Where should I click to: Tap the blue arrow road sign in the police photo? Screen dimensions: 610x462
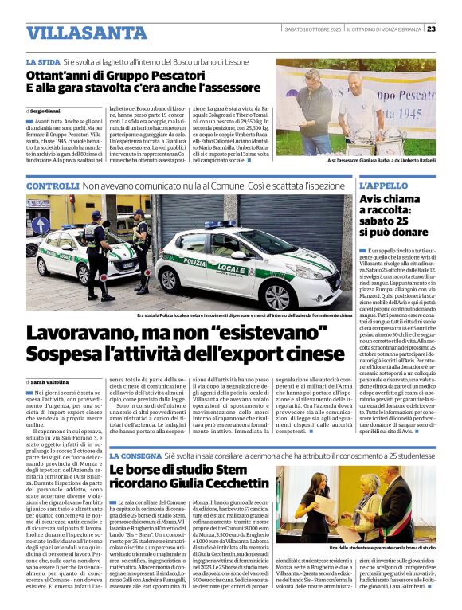[x=41, y=225]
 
